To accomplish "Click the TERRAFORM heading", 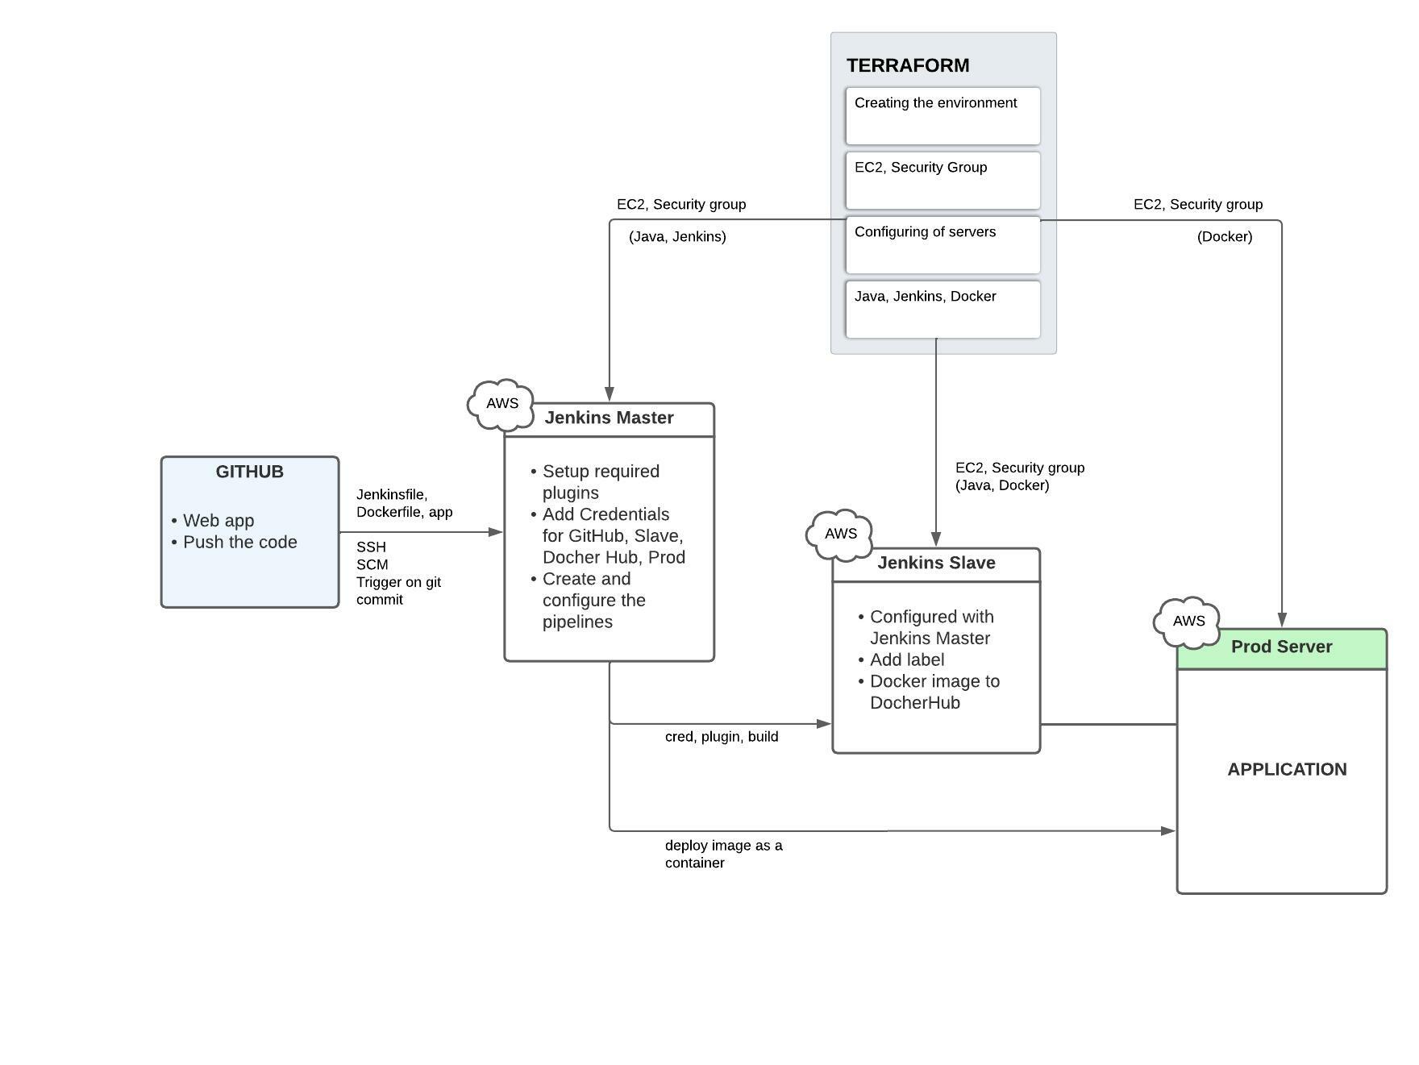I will click(x=907, y=65).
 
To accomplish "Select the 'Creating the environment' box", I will click(x=943, y=115).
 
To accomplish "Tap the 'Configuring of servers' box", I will click(x=943, y=244).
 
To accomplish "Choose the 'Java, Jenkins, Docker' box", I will click(x=943, y=309).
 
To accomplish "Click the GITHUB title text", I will click(x=249, y=472).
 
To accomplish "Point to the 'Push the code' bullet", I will click(x=239, y=543).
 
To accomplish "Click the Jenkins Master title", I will click(x=609, y=418).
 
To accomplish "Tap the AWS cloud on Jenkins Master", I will click(x=501, y=403).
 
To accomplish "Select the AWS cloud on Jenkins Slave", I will click(x=840, y=534).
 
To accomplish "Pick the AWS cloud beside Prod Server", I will click(x=1188, y=622).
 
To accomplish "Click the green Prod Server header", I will click(x=1281, y=647).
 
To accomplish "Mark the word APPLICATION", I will click(x=1287, y=769).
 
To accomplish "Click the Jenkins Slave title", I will click(x=936, y=563).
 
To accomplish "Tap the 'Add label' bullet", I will click(x=906, y=659).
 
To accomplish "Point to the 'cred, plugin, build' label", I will click(x=721, y=737).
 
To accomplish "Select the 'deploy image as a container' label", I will click(x=722, y=854).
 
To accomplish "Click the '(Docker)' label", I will click(x=1224, y=237).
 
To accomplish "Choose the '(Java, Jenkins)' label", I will click(x=677, y=237).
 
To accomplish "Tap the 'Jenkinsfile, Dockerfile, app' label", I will click(x=404, y=503).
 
